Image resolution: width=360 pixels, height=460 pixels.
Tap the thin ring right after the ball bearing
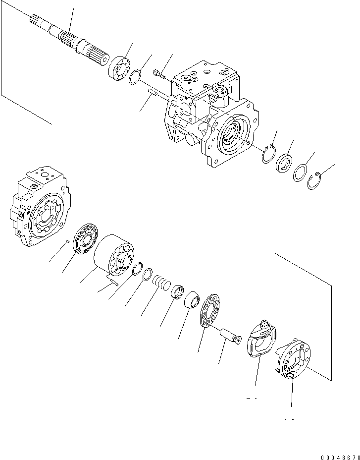[x=135, y=77]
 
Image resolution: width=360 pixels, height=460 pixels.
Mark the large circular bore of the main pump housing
[x=232, y=133]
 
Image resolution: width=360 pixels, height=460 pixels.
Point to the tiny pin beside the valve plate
[x=67, y=241]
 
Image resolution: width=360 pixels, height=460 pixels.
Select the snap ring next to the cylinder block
[x=138, y=268]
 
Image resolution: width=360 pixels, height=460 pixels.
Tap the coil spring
[x=160, y=282]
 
